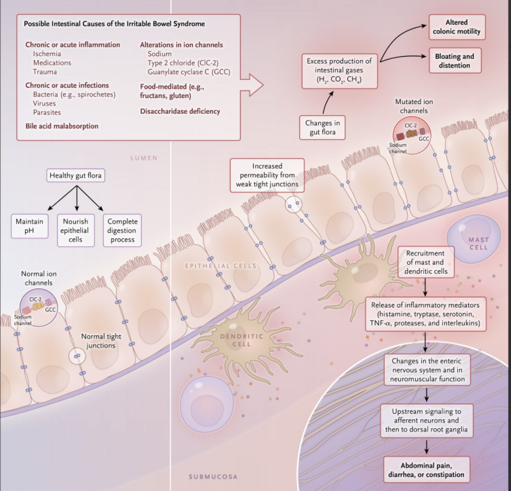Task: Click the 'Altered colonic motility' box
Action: point(456,27)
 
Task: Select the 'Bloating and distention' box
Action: point(454,61)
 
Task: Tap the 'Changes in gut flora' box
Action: point(322,127)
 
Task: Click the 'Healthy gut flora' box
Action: point(76,175)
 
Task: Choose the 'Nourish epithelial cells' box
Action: point(75,230)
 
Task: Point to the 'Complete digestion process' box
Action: point(122,230)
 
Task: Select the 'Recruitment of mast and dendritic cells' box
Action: point(426,262)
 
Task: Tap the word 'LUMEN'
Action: point(144,158)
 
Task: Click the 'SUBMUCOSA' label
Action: point(213,476)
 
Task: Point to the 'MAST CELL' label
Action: point(478,244)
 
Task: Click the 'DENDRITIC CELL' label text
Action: point(241,340)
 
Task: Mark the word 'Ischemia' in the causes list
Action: point(47,54)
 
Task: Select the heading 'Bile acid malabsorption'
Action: point(62,126)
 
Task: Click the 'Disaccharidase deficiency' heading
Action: point(180,111)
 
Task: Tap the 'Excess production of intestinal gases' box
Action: point(339,71)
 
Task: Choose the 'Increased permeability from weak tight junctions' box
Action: point(267,175)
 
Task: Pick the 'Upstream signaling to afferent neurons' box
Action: point(426,420)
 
